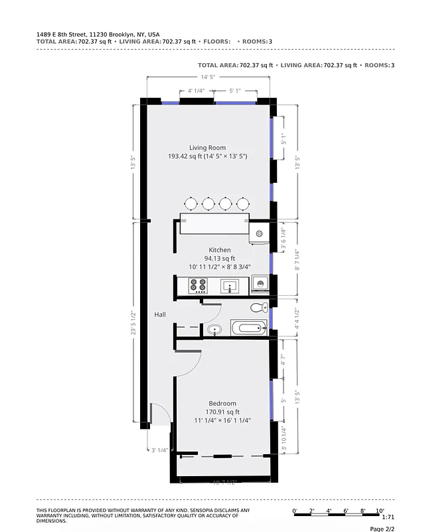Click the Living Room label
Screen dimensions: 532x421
(x=207, y=148)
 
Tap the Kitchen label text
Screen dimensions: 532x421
(x=220, y=250)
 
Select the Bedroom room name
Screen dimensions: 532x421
(x=222, y=404)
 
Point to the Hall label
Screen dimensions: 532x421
(x=160, y=315)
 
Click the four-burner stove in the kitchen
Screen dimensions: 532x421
(x=198, y=286)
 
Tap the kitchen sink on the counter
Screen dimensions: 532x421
(x=230, y=286)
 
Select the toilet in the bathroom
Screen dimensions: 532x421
(x=259, y=307)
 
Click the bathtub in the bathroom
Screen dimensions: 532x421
(x=248, y=327)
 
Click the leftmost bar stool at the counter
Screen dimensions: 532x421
(x=191, y=203)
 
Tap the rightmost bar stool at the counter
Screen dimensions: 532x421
(x=244, y=203)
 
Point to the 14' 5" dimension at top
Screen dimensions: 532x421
(x=209, y=77)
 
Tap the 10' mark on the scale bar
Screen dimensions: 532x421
(x=380, y=510)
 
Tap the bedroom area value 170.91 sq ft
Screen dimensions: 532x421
(x=222, y=412)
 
